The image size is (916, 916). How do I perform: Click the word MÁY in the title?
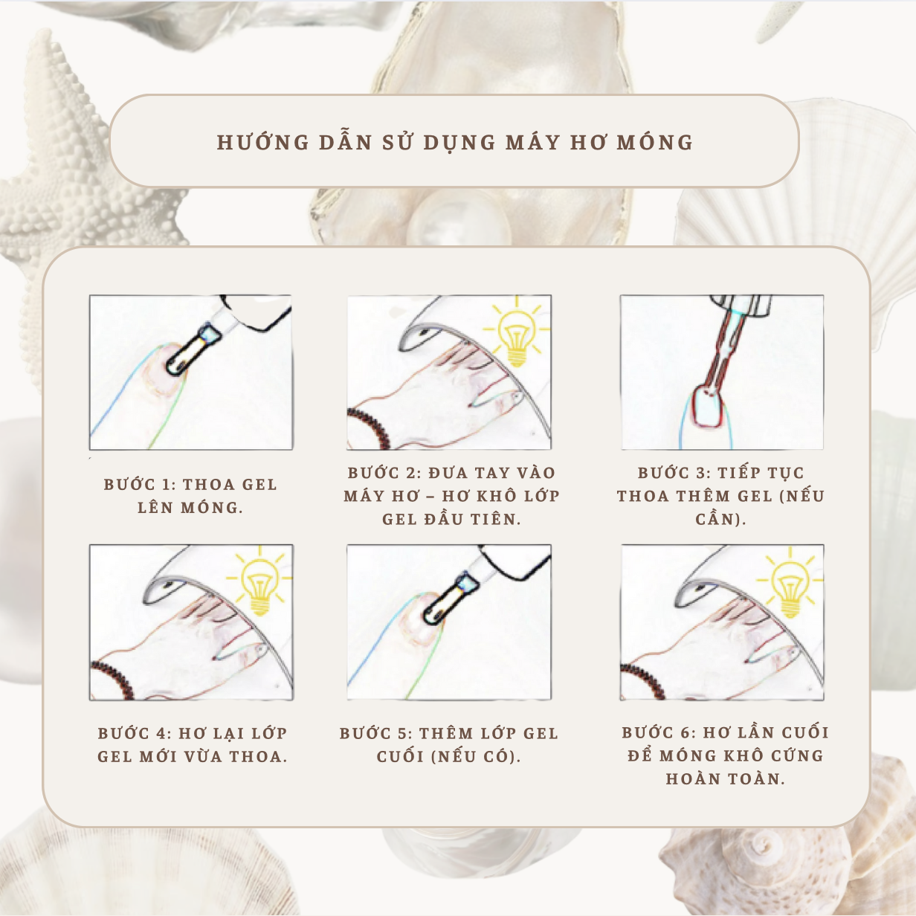click(x=532, y=142)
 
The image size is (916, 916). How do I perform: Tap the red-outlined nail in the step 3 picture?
click(x=707, y=405)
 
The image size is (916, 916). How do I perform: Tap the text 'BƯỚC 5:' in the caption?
click(x=375, y=733)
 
